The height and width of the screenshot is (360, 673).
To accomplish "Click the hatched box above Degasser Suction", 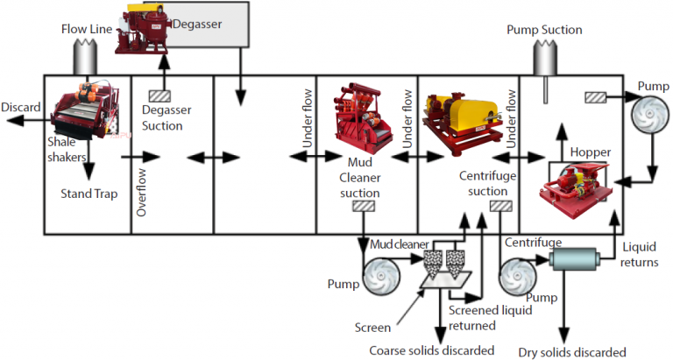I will click(x=161, y=95).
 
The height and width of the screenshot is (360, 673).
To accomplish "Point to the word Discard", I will click(x=20, y=107).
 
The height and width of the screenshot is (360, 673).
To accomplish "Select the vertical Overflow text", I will click(x=141, y=191).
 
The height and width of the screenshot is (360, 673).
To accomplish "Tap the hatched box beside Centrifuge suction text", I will click(x=500, y=207).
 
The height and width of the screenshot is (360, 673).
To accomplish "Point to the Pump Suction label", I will click(x=544, y=30).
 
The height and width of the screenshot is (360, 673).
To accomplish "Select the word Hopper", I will click(x=590, y=152).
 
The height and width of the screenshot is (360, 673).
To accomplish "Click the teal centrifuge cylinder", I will click(x=572, y=259).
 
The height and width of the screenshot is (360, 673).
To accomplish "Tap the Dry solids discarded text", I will click(x=571, y=351).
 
